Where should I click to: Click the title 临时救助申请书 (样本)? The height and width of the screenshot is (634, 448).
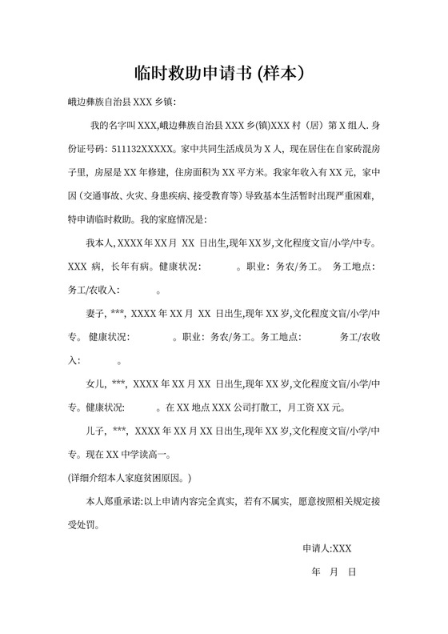(x=223, y=73)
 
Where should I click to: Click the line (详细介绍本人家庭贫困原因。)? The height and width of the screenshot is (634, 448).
(x=130, y=477)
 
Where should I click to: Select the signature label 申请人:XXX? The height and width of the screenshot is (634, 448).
(x=326, y=548)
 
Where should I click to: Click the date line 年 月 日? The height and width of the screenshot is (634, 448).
(x=333, y=572)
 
